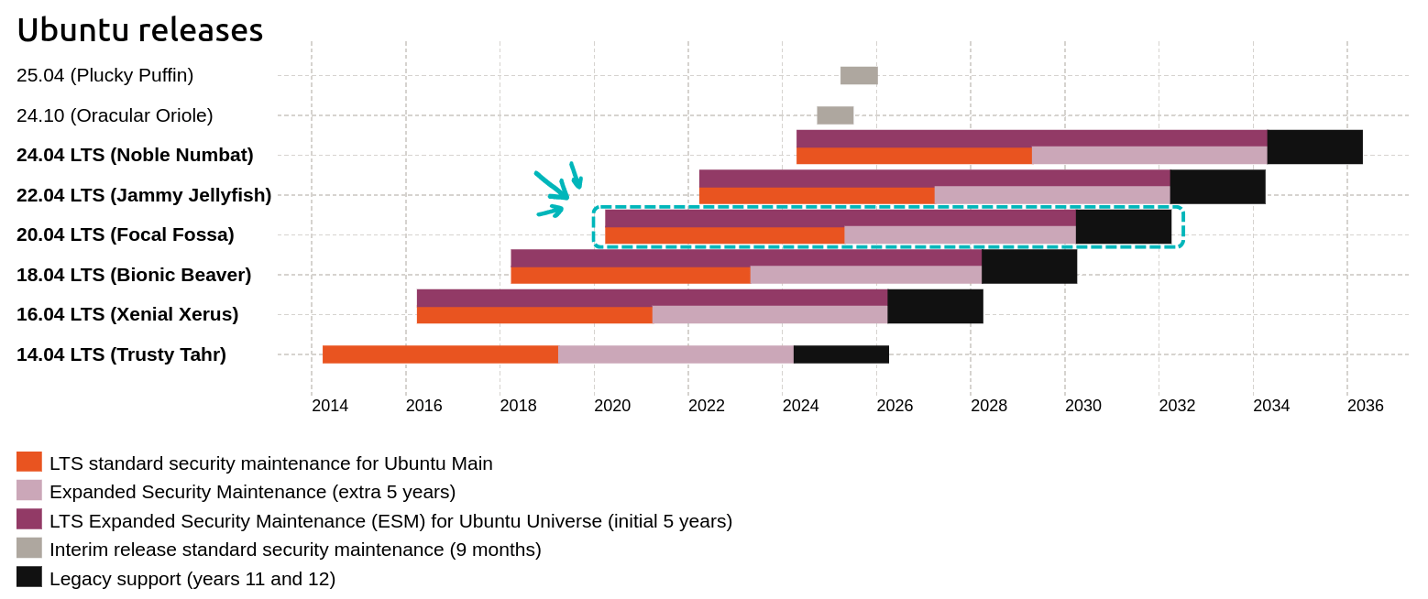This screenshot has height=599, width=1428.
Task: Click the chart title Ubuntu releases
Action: (139, 30)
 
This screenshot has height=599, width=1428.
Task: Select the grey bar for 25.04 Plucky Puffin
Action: (859, 75)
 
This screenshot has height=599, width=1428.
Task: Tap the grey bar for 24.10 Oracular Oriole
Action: (835, 115)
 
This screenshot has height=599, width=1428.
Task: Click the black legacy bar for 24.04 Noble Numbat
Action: (1314, 147)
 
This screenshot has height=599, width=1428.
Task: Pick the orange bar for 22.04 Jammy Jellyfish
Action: (816, 195)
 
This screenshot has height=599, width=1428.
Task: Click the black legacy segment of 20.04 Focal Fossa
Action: (1123, 227)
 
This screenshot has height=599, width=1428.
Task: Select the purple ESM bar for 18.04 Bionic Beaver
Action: (745, 257)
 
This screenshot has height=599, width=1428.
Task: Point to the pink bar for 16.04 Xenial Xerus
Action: (769, 314)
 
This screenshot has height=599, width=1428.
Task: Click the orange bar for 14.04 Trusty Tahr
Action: (440, 354)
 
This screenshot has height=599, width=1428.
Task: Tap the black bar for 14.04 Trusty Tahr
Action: (840, 354)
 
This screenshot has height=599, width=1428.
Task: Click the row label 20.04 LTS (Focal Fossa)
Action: (125, 234)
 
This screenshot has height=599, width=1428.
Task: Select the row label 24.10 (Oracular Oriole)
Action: (115, 115)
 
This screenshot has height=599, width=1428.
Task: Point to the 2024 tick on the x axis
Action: (800, 405)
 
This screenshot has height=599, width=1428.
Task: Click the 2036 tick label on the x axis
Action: (1365, 405)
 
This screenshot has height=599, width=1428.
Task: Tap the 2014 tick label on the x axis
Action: (330, 405)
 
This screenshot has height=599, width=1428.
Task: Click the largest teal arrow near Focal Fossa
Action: (553, 185)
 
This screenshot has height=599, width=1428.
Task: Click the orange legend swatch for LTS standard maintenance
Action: (29, 462)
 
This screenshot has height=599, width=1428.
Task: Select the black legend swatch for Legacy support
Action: (29, 577)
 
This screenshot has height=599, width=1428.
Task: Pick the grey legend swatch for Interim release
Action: (29, 548)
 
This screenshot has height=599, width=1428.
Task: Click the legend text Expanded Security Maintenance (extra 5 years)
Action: (252, 492)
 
